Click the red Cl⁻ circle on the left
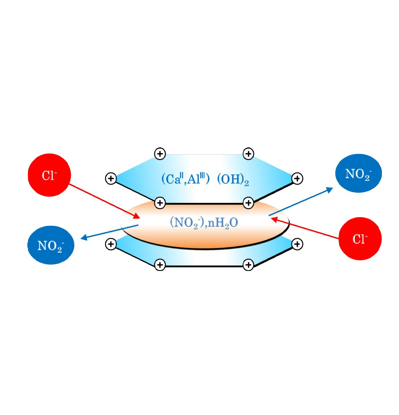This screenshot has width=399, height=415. (49, 175)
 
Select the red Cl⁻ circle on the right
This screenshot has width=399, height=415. (360, 239)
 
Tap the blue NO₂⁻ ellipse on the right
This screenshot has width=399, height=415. (358, 173)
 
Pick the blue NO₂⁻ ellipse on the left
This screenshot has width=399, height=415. (51, 245)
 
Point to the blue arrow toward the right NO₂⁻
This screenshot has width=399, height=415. (300, 202)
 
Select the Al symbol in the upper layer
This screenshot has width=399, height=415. (193, 179)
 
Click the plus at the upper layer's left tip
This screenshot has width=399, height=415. (111, 179)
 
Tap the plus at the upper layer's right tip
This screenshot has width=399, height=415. (297, 179)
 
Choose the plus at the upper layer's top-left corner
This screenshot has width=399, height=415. (160, 154)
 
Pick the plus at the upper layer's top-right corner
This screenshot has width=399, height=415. (248, 154)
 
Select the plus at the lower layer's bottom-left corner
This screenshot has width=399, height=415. (160, 265)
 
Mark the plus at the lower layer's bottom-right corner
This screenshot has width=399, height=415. (248, 265)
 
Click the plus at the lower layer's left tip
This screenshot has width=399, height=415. (111, 244)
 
